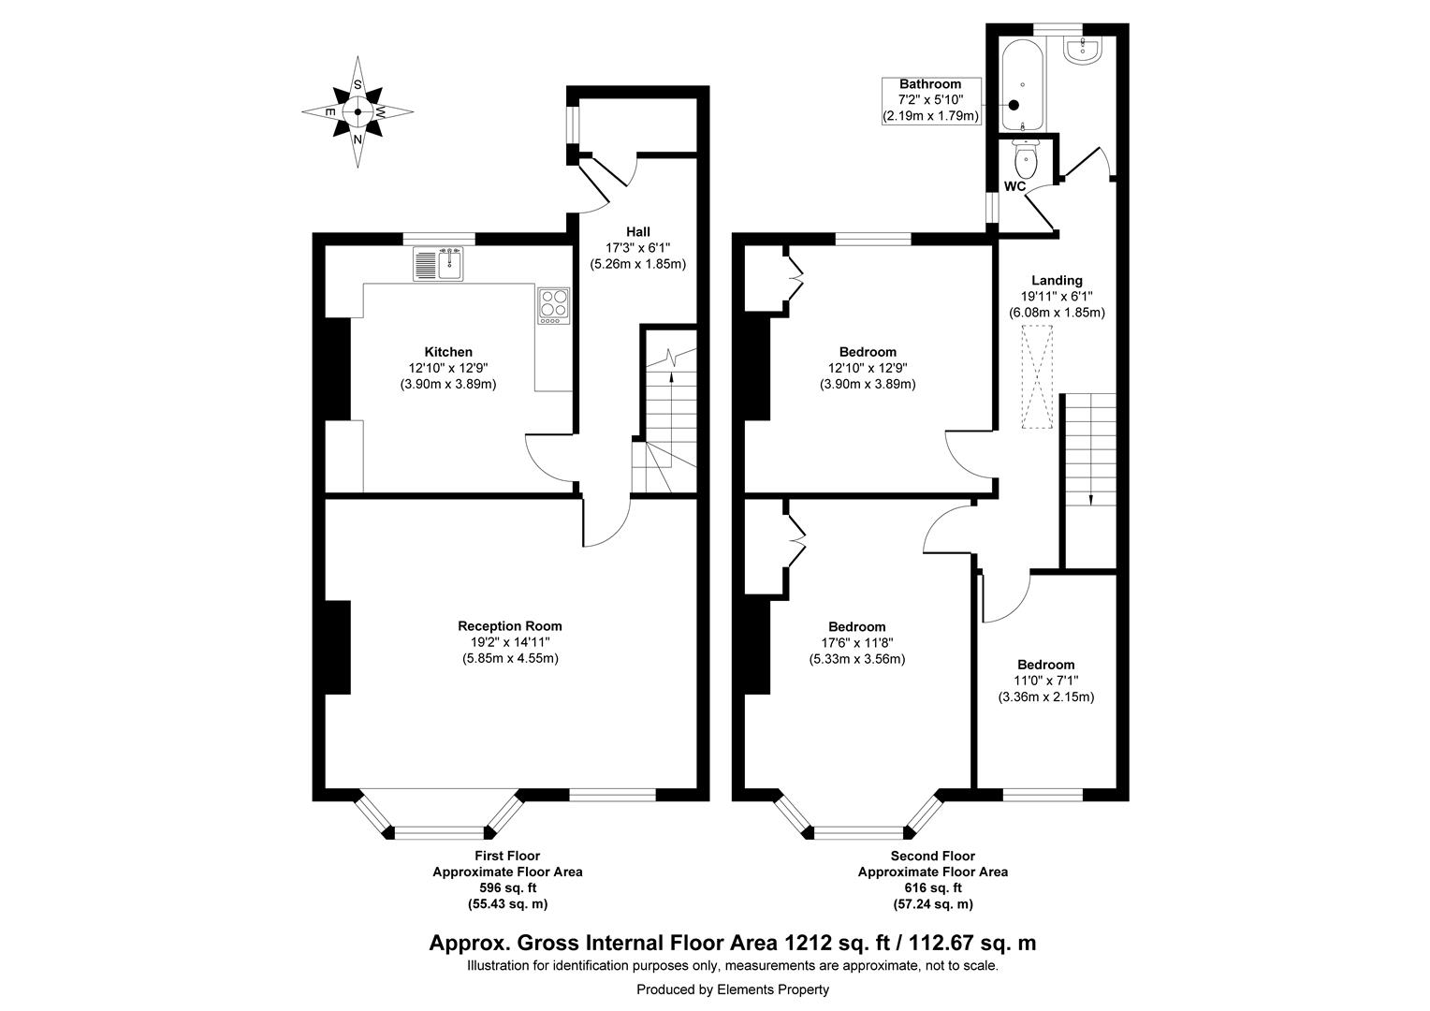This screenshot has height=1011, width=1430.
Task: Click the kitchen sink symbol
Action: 438,264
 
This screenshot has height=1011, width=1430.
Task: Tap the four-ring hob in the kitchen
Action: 552,305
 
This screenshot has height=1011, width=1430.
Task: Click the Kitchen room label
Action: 447,352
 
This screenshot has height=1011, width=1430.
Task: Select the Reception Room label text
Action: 510,626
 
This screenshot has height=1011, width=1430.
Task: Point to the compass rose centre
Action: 357,111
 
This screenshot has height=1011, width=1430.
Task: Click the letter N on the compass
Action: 357,139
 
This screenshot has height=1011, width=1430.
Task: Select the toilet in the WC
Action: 1027,161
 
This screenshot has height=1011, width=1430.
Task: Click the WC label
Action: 1015,186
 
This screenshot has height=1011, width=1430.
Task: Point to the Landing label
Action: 1057,280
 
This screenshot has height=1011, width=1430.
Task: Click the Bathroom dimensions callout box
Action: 930,100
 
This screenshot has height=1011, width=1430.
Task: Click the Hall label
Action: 637,231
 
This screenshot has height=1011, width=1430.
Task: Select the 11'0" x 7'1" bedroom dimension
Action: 1046,681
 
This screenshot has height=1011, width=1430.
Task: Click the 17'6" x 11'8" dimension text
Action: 856,643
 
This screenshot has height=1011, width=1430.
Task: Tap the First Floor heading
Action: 507,856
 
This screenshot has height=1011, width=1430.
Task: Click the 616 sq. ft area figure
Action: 933,887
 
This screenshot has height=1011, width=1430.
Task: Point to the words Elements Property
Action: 773,989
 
